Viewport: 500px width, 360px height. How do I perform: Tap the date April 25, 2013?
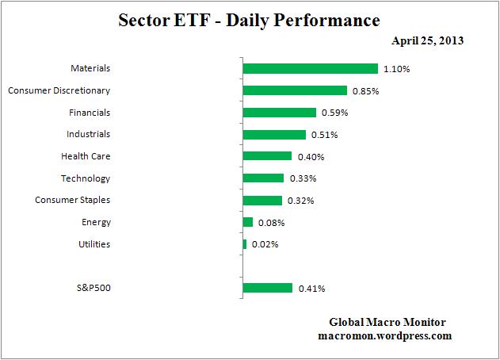pyautogui.click(x=427, y=40)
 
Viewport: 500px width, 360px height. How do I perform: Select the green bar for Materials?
pyautogui.click(x=310, y=69)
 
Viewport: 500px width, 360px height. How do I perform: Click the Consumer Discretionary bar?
pyautogui.click(x=295, y=90)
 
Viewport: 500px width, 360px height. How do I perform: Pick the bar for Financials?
pyautogui.click(x=279, y=113)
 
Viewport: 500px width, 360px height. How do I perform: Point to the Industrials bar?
pyautogui.click(x=274, y=135)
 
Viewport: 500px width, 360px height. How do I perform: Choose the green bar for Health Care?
pyautogui.click(x=267, y=156)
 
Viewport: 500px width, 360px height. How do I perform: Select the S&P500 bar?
pyautogui.click(x=267, y=288)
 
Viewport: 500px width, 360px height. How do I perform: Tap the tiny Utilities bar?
pyautogui.click(x=244, y=244)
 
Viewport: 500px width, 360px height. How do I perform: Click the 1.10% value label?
pyautogui.click(x=396, y=70)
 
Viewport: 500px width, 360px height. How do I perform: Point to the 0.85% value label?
pyautogui.click(x=365, y=91)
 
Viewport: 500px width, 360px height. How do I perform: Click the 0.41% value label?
pyautogui.click(x=311, y=289)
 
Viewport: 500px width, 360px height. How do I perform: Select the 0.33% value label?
pyautogui.click(x=302, y=179)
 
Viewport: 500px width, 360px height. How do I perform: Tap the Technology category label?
pyautogui.click(x=86, y=178)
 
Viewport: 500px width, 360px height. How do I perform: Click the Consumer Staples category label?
pyautogui.click(x=72, y=201)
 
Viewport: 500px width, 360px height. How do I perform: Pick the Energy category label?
pyautogui.click(x=96, y=222)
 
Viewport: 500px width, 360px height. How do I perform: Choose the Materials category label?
pyautogui.click(x=90, y=69)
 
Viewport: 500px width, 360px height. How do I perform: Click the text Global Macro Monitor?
pyautogui.click(x=387, y=322)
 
